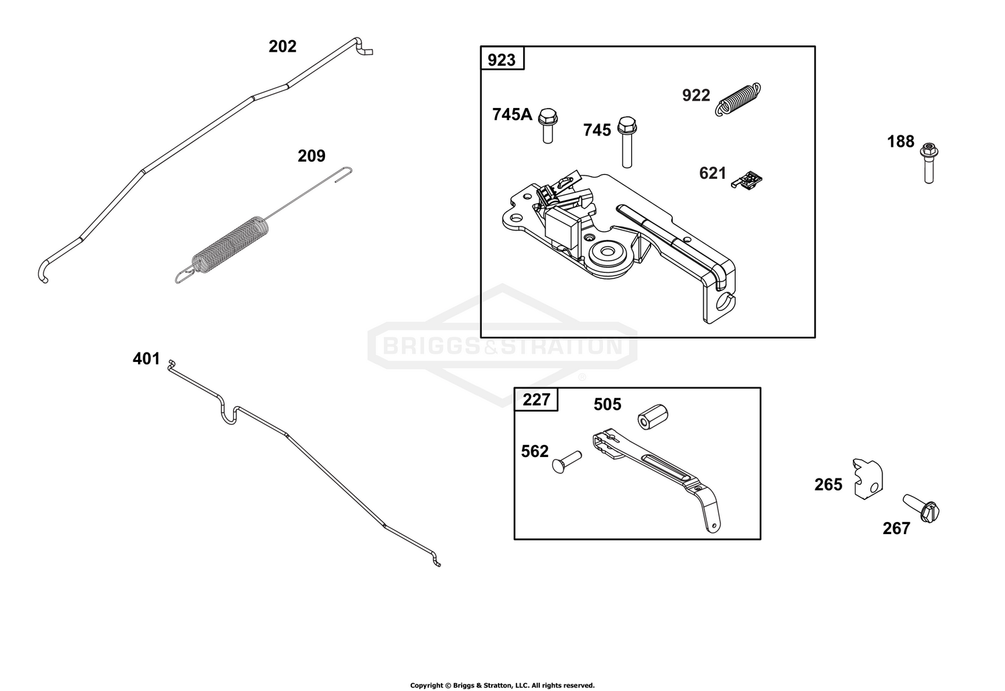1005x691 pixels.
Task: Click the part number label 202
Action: pos(283,47)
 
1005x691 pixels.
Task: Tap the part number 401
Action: pos(146,359)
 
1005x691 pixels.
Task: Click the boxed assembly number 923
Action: pos(502,60)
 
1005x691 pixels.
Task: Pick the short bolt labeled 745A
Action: pos(547,125)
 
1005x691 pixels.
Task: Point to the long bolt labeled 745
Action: pos(626,142)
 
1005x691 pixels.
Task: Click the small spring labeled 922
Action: pos(738,99)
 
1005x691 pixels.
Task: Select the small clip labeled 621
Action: pos(746,180)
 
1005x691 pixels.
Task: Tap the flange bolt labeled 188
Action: pos(929,163)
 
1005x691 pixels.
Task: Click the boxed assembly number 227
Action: pos(537,399)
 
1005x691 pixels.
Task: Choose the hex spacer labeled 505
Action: pos(653,417)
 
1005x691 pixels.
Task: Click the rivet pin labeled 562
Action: pos(567,462)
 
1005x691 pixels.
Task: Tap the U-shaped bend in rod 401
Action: pos(230,415)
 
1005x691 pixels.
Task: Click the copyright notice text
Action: pos(503,685)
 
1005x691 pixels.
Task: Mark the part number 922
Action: pos(696,96)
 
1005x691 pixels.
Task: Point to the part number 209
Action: pos(312,156)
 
